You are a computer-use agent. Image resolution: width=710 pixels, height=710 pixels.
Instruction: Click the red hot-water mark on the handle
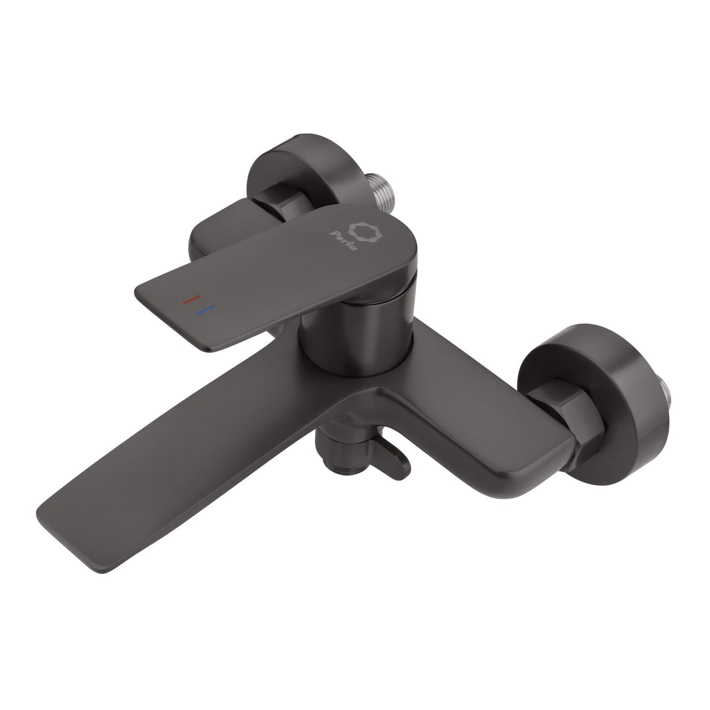coord(192,299)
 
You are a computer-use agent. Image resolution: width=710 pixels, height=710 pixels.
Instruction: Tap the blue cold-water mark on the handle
coord(204,310)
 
